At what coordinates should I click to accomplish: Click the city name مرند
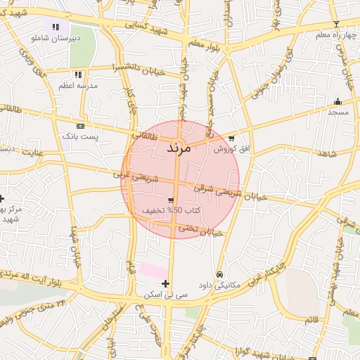179,149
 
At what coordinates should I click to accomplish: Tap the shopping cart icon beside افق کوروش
231,139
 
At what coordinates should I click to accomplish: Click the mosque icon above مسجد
337,101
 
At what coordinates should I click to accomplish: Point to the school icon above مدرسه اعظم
77,74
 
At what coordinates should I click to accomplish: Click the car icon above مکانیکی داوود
220,274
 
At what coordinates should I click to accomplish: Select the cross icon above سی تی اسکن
165,283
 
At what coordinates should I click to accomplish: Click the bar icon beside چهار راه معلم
336,25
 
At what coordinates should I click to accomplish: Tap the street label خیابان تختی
200,229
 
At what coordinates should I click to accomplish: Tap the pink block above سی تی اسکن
154,270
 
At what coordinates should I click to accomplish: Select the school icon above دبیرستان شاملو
55,27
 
